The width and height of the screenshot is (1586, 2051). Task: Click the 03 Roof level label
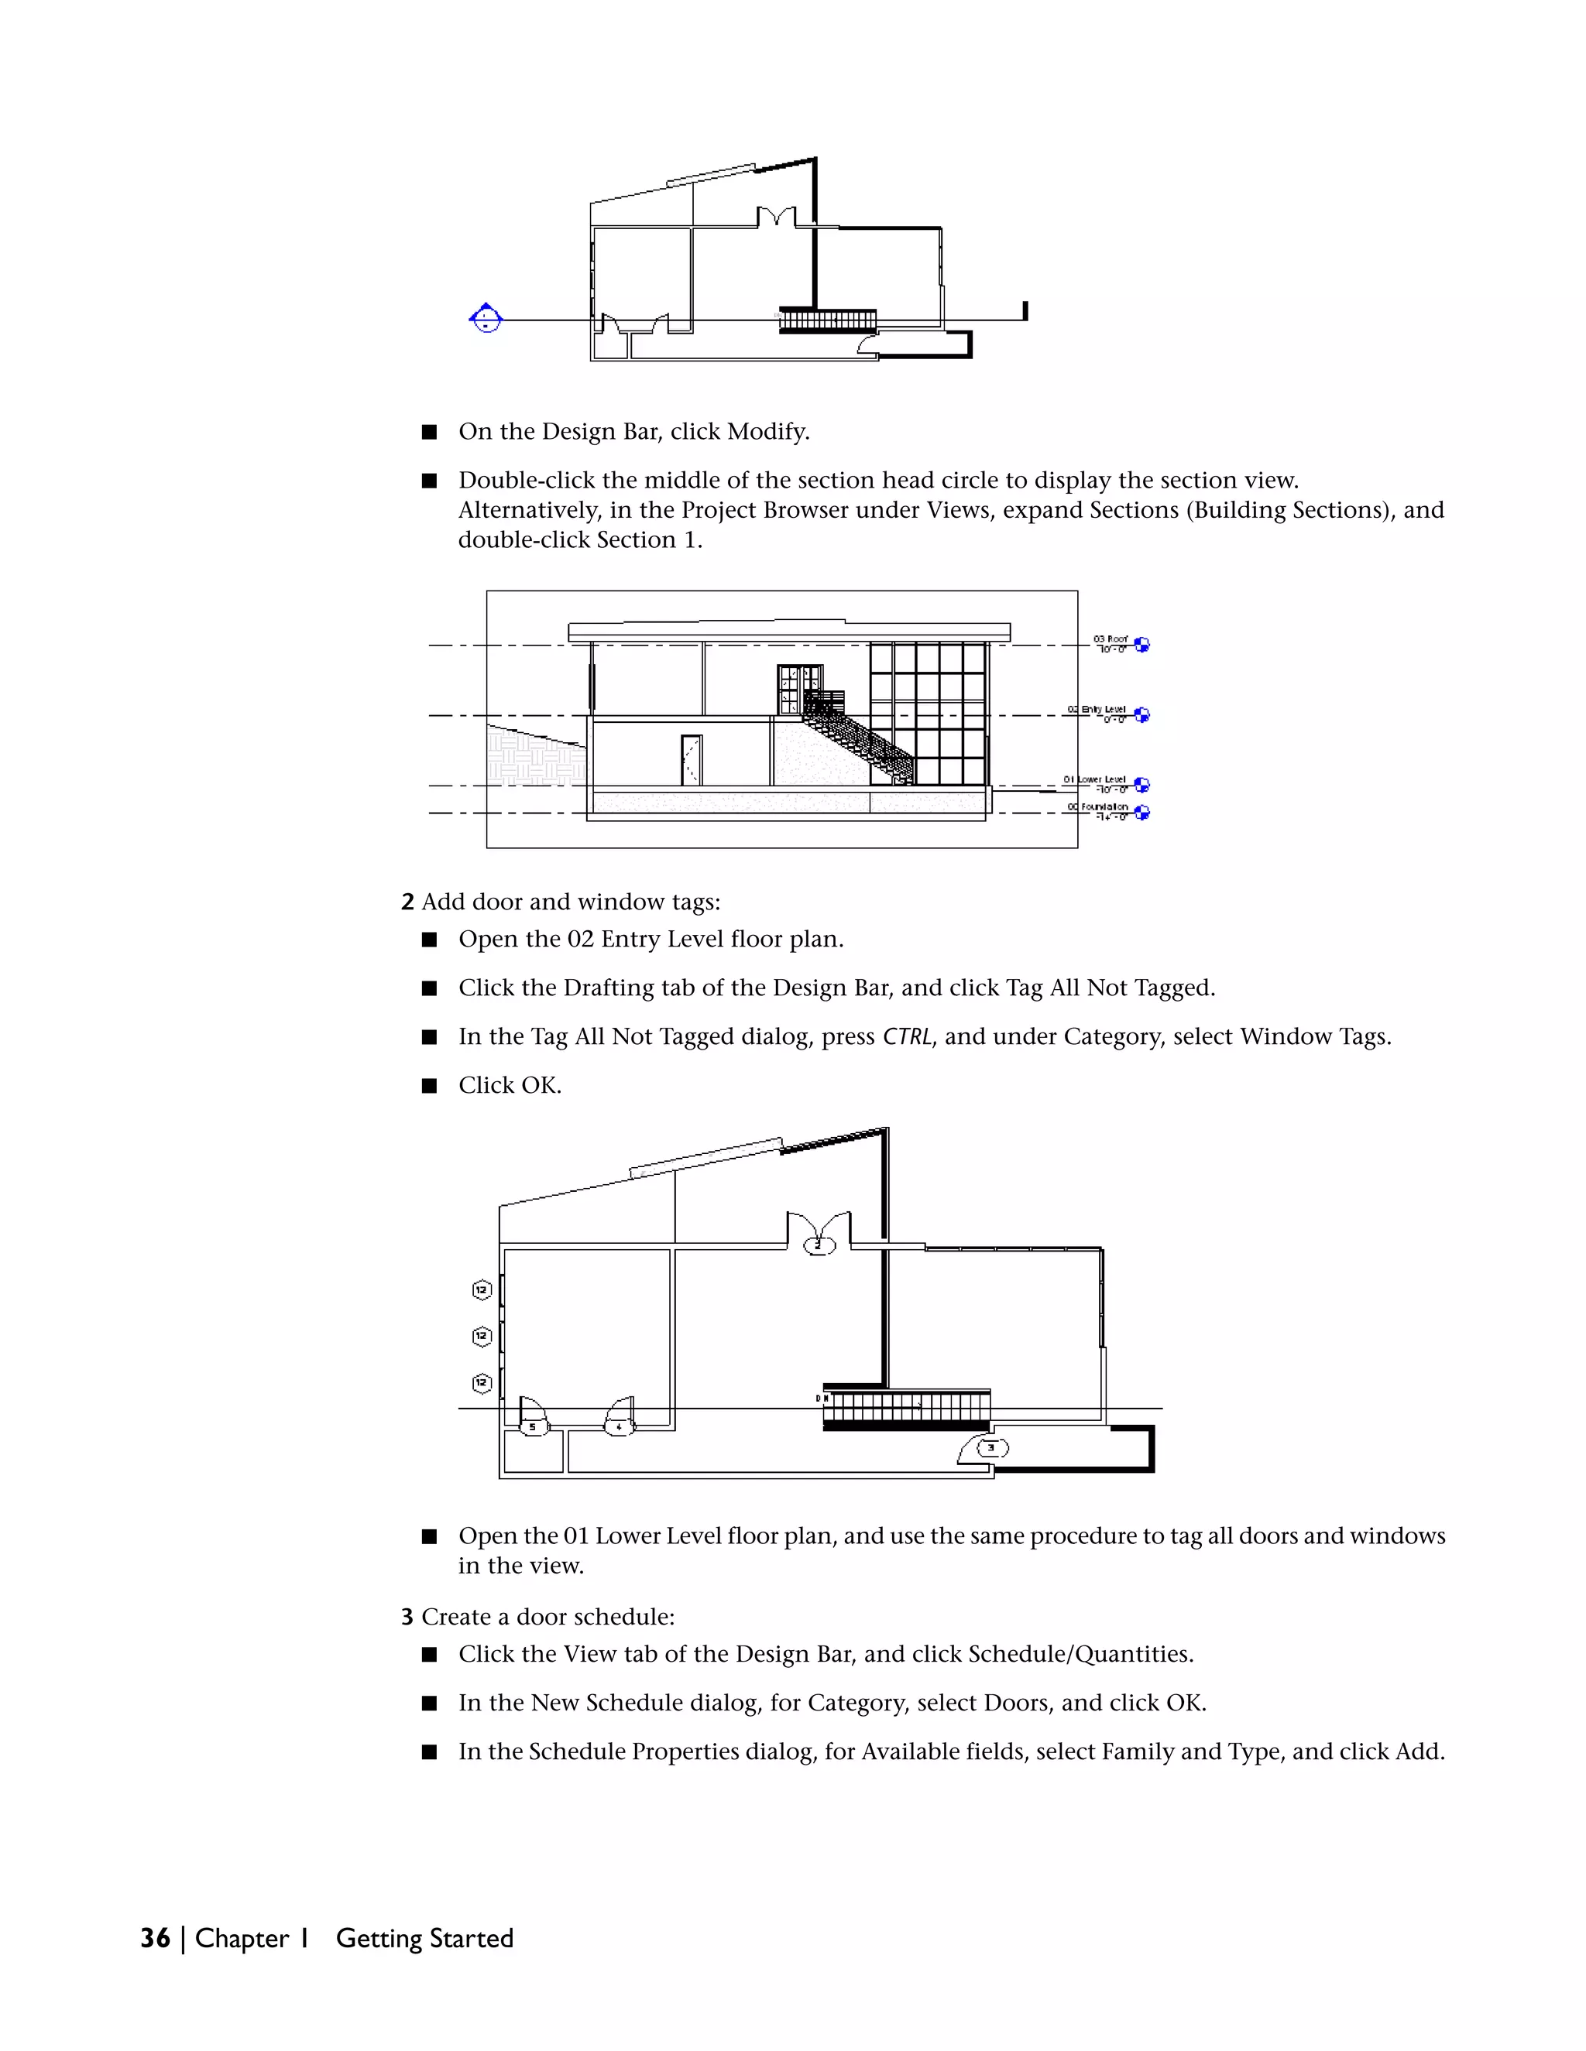coord(1111,643)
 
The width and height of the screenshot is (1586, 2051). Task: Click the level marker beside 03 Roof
coord(1142,644)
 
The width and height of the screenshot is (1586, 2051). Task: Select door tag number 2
coord(819,1246)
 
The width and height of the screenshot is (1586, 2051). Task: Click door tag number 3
coord(991,1448)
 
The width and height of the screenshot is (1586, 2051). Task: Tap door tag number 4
coord(618,1427)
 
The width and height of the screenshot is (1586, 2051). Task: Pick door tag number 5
coord(533,1427)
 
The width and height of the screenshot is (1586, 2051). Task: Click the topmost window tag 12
coord(482,1290)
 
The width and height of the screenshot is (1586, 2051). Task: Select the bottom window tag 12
coord(482,1382)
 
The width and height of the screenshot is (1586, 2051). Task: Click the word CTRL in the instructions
coord(907,1037)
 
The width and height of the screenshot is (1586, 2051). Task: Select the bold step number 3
coord(407,1617)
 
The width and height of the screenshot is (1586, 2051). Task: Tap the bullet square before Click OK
coord(429,1086)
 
